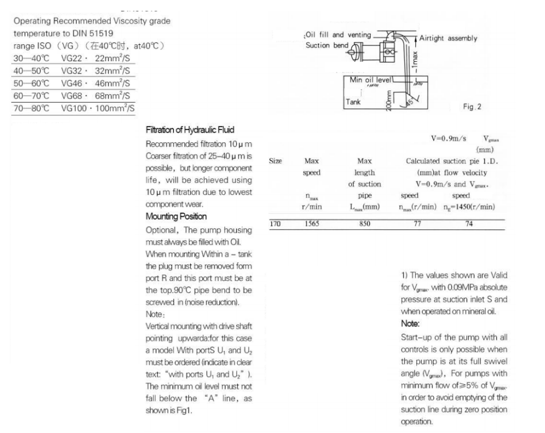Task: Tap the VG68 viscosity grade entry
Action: (x=70, y=95)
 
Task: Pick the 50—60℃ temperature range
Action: (x=31, y=83)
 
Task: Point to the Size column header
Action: (x=275, y=161)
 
